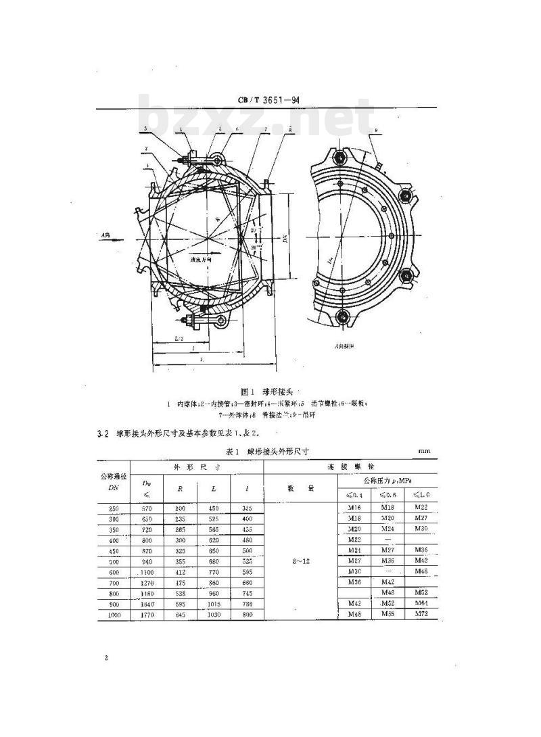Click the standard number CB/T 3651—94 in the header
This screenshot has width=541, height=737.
coord(268,101)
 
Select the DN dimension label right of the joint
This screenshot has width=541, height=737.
coord(287,236)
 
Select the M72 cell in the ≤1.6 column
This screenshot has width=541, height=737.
coord(421,614)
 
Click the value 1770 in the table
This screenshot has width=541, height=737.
coord(147,614)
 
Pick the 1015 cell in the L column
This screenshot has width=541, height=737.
coord(214,603)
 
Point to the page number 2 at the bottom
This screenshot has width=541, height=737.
coord(106,657)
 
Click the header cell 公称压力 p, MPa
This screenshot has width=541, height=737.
coord(387,481)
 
